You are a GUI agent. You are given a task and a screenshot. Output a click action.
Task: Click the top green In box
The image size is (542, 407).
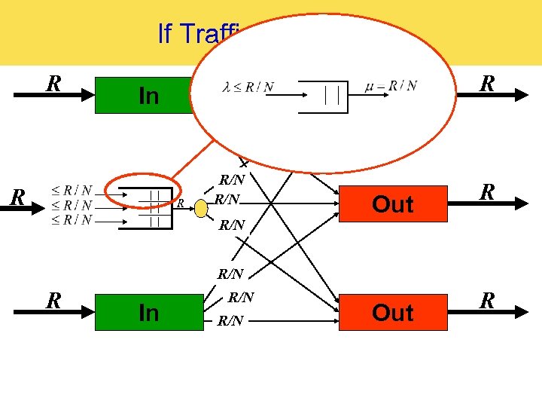coord(143,95)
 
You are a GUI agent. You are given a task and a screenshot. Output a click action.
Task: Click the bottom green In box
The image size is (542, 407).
coord(148,312)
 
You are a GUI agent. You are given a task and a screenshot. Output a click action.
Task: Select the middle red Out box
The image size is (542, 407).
coord(392,203)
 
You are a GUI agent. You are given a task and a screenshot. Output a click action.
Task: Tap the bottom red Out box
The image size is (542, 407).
coord(392,312)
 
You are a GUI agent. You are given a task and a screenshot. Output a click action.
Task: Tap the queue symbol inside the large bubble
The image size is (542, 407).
coord(324,96)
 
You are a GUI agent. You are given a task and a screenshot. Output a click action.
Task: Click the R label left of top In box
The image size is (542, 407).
coord(53,83)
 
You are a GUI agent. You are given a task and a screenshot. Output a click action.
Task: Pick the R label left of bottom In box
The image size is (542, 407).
coord(53,301)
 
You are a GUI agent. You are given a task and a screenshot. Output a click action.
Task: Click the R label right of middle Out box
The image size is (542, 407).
coord(487,191)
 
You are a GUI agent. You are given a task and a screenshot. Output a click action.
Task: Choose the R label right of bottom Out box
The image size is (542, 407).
coord(487,301)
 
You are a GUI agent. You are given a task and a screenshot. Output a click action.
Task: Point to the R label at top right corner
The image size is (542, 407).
coord(487,83)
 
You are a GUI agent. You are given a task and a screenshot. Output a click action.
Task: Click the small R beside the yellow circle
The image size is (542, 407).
coord(181,204)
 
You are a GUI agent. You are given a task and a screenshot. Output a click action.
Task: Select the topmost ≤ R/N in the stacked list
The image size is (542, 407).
coord(73,190)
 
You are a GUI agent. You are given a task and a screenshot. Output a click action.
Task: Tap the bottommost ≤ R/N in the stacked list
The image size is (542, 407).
coord(73,220)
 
